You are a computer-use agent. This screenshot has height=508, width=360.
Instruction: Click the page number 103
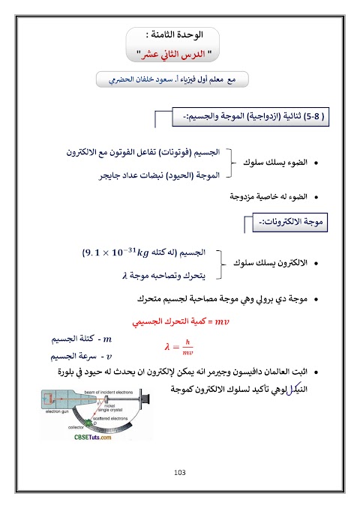(x=178, y=472)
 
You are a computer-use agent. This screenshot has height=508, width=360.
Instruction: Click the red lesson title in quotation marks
(x=179, y=54)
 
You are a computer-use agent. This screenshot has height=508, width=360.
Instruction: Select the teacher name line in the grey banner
(x=180, y=79)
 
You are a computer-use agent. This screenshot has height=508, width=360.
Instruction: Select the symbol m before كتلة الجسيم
(x=106, y=339)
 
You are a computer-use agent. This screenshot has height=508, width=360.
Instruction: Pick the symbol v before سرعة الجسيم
(x=109, y=356)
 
